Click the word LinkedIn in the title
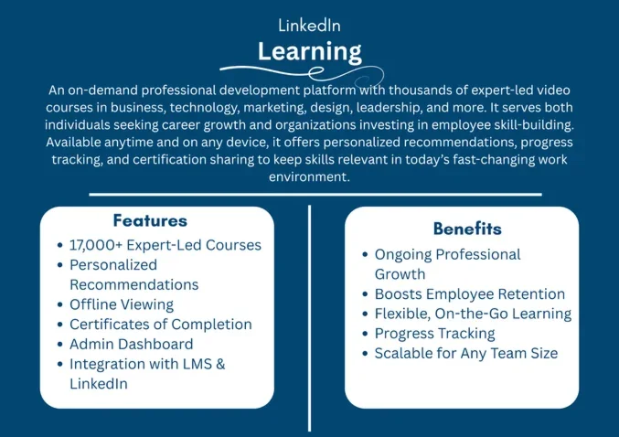[x=309, y=26]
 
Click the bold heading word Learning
[x=309, y=50]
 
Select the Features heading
[x=150, y=220]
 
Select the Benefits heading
[x=467, y=229]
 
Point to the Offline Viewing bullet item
[x=122, y=304]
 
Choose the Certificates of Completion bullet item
[x=160, y=324]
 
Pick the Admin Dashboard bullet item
[x=131, y=344]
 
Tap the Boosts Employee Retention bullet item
[x=469, y=293]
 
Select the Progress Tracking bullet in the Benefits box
[x=434, y=333]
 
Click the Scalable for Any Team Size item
[x=465, y=353]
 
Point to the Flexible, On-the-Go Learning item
[x=473, y=314]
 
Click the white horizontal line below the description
[x=315, y=194]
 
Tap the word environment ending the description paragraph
[x=308, y=177]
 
